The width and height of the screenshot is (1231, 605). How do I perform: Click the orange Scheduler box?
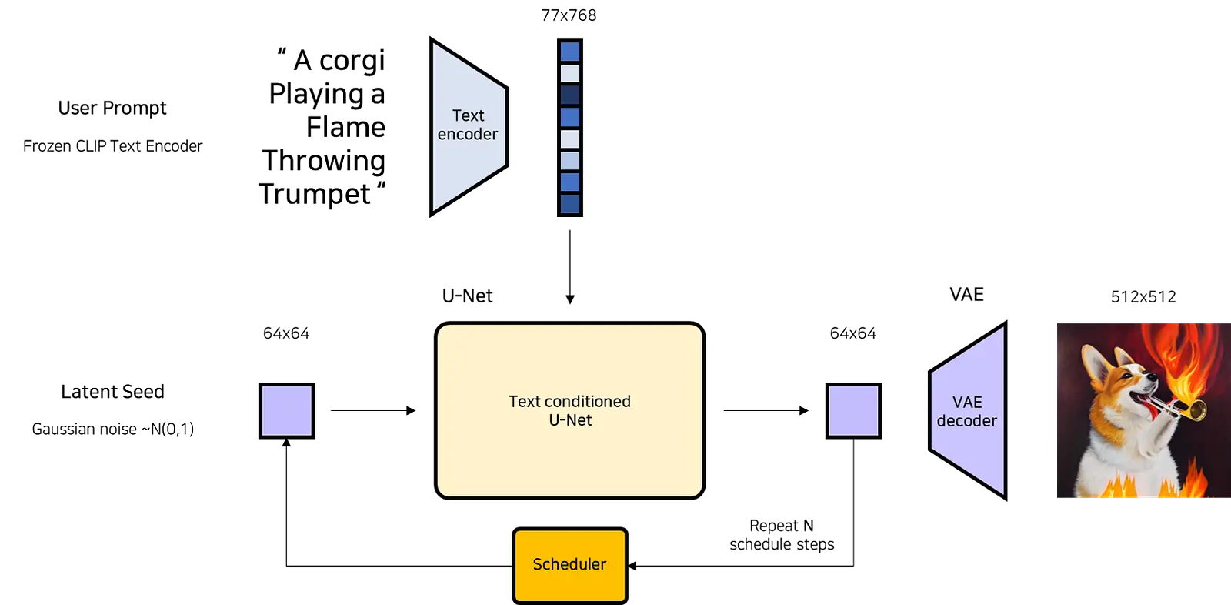click(570, 565)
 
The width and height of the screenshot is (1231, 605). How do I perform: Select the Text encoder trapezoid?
click(469, 127)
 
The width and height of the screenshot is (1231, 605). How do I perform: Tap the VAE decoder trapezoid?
click(968, 411)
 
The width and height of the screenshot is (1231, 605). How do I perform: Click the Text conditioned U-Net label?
click(570, 410)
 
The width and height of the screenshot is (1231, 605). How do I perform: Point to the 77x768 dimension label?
click(569, 15)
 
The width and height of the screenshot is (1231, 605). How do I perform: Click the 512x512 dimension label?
click(1143, 297)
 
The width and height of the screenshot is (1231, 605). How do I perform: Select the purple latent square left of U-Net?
click(287, 411)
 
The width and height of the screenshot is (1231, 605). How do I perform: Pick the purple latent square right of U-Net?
click(853, 411)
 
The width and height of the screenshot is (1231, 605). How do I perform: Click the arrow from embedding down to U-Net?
click(570, 267)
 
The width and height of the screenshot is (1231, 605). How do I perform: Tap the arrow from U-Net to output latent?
click(766, 410)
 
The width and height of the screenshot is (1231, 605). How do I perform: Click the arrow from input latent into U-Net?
click(373, 410)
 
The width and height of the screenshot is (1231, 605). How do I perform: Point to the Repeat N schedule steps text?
click(782, 535)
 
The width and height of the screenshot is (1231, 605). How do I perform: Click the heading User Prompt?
click(112, 108)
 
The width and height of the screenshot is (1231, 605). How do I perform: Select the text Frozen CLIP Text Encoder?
click(112, 145)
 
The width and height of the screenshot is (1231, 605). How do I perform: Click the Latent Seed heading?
click(112, 392)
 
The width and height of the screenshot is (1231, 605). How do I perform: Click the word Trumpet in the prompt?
click(315, 194)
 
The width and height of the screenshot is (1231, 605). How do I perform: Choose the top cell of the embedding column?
click(570, 52)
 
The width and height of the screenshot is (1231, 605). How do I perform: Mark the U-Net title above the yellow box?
click(468, 296)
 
